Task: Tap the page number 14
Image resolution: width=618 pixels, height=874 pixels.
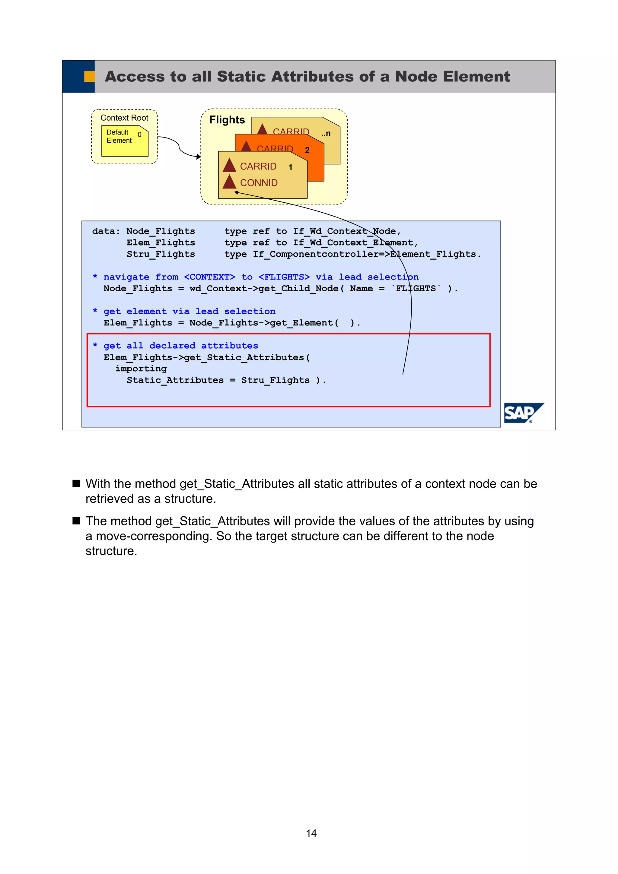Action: [311, 833]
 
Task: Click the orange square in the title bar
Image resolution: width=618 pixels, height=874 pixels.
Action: [89, 77]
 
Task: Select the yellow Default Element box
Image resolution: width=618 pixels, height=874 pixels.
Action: [125, 141]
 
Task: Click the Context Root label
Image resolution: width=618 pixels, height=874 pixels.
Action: [124, 118]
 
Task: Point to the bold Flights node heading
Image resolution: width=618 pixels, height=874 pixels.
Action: [227, 120]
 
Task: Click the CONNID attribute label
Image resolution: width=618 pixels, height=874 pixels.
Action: [259, 183]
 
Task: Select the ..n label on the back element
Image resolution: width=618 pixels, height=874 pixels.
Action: [326, 134]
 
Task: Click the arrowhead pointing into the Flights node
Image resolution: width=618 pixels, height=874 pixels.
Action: [198, 157]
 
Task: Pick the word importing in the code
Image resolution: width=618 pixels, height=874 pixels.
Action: [141, 369]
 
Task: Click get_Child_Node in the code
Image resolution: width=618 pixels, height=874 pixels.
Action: [298, 289]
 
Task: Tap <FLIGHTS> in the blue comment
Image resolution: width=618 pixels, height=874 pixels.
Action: [284, 277]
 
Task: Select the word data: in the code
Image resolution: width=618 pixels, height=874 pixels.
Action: [106, 231]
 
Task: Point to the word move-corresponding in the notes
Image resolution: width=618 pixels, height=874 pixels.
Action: [154, 536]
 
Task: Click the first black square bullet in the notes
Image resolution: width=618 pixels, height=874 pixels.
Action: [76, 483]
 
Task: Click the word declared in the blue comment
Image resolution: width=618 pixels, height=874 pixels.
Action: [172, 346]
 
